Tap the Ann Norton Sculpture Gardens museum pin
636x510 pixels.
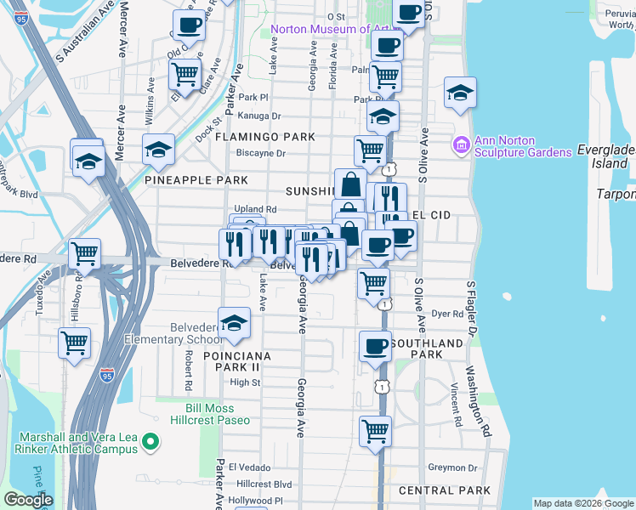click(462, 145)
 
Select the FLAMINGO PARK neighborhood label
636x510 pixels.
click(264, 137)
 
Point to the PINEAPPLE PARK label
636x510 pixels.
click(196, 180)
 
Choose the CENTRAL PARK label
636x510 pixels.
click(444, 490)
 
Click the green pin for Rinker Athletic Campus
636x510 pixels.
click(150, 441)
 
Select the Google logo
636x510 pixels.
click(28, 500)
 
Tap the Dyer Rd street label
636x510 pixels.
click(446, 314)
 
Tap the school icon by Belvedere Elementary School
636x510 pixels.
click(234, 323)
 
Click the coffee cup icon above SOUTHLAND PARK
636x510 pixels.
click(375, 346)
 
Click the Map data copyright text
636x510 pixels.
click(583, 503)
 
